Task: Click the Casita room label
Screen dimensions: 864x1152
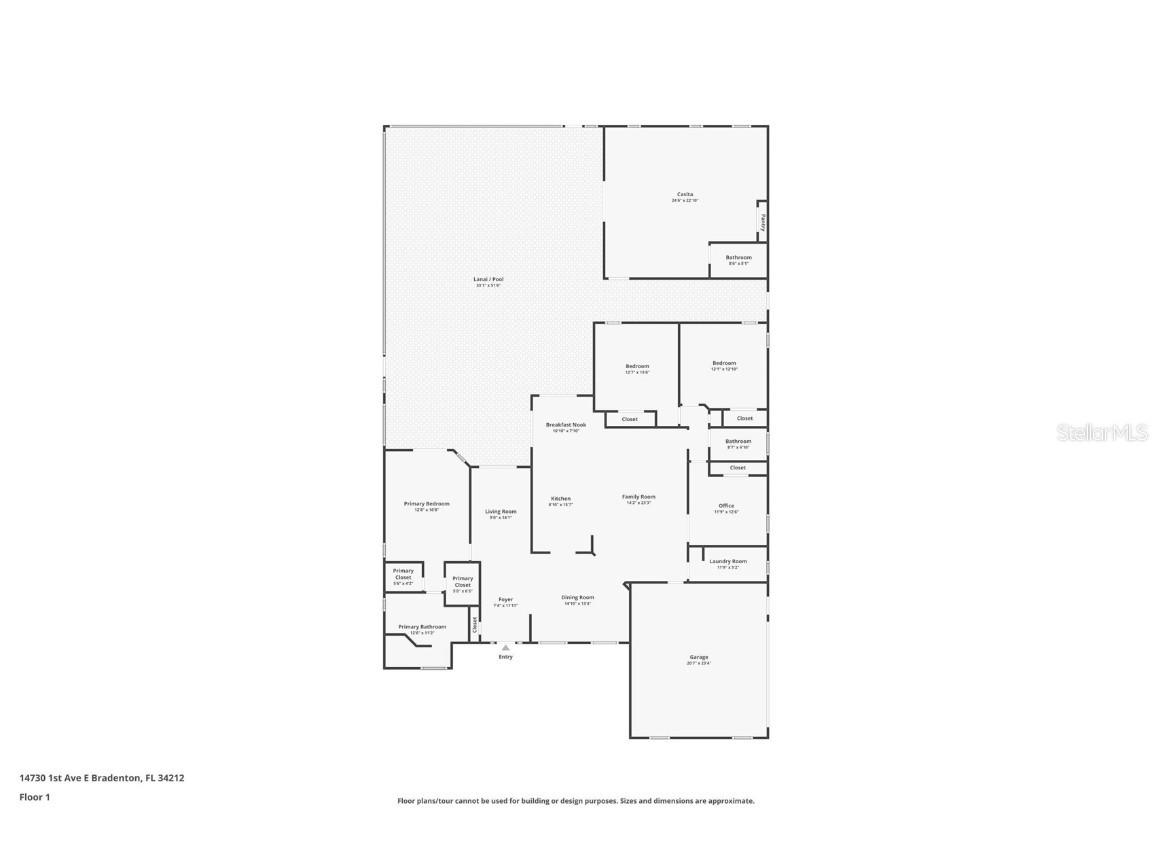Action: (x=685, y=194)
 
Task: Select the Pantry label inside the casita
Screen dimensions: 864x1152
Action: (x=763, y=221)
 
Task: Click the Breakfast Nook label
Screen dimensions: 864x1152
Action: (x=565, y=425)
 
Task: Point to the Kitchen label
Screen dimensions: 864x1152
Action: (x=561, y=498)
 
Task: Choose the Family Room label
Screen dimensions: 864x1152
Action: (x=638, y=496)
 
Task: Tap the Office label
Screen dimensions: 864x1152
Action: (x=726, y=506)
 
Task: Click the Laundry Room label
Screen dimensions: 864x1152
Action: (x=728, y=561)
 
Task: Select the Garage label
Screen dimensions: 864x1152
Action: (x=698, y=657)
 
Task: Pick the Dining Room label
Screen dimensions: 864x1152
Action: (x=578, y=597)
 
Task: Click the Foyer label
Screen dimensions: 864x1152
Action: (x=505, y=600)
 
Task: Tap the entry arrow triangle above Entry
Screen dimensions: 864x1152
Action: (x=505, y=647)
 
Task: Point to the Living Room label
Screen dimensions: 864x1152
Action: (x=500, y=511)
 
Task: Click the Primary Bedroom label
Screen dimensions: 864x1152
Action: (x=426, y=504)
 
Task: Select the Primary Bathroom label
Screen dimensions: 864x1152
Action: (x=422, y=627)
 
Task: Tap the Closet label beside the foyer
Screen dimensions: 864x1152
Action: (x=475, y=626)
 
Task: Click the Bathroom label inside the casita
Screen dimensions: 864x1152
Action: (x=738, y=257)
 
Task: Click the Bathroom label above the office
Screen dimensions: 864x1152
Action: (x=738, y=441)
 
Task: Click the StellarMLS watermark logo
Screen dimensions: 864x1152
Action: (x=1104, y=432)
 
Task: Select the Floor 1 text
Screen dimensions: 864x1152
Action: (x=34, y=797)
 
